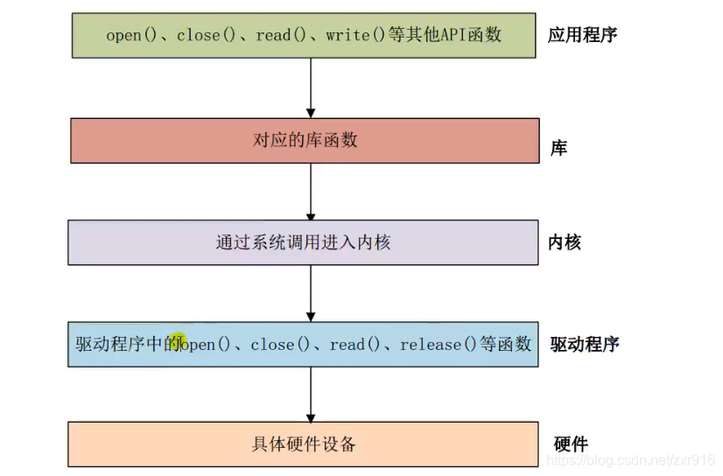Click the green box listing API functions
click(x=305, y=35)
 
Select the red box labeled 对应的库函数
click(x=305, y=140)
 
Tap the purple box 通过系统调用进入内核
click(x=303, y=242)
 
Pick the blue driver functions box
click(x=303, y=344)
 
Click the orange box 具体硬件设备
click(x=303, y=444)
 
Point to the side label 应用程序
click(x=583, y=35)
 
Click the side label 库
click(x=558, y=149)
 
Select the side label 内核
click(x=565, y=242)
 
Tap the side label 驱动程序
click(x=584, y=344)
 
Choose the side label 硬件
click(x=571, y=444)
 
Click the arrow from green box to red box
click(x=311, y=87)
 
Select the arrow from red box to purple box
click(x=311, y=192)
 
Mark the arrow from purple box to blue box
click(x=311, y=293)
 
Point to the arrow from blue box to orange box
click(x=311, y=395)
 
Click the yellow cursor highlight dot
click(x=179, y=339)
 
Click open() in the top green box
click(x=130, y=35)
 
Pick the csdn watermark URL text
click(x=635, y=460)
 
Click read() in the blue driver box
click(x=354, y=345)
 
